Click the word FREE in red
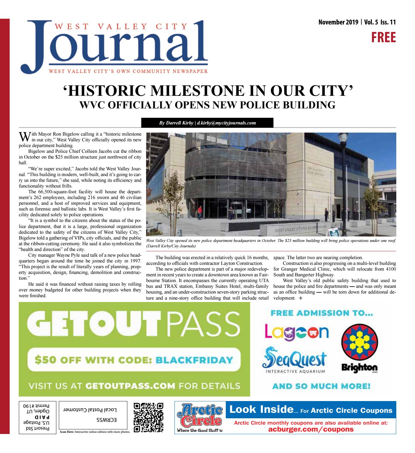(x=383, y=37)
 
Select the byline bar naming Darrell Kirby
(x=207, y=123)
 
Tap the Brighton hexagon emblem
(x=359, y=342)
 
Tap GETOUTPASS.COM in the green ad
(x=130, y=386)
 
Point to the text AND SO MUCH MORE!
(x=321, y=386)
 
